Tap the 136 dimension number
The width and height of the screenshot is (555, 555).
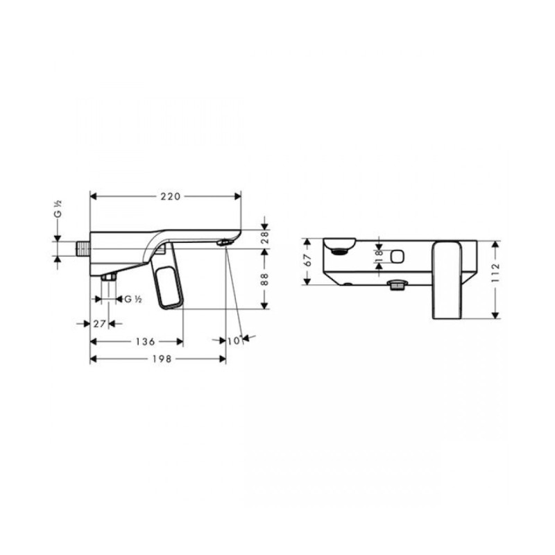(144, 341)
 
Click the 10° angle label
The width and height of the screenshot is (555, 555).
(235, 340)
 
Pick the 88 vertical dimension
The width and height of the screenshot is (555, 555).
(264, 277)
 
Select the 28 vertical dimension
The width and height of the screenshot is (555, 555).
(264, 237)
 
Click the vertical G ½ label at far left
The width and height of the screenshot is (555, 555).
(59, 209)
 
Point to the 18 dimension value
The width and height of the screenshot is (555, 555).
(379, 255)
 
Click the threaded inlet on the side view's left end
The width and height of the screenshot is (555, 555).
(83, 248)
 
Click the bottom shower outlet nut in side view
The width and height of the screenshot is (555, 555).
(109, 277)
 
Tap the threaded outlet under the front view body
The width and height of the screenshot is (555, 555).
(397, 285)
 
